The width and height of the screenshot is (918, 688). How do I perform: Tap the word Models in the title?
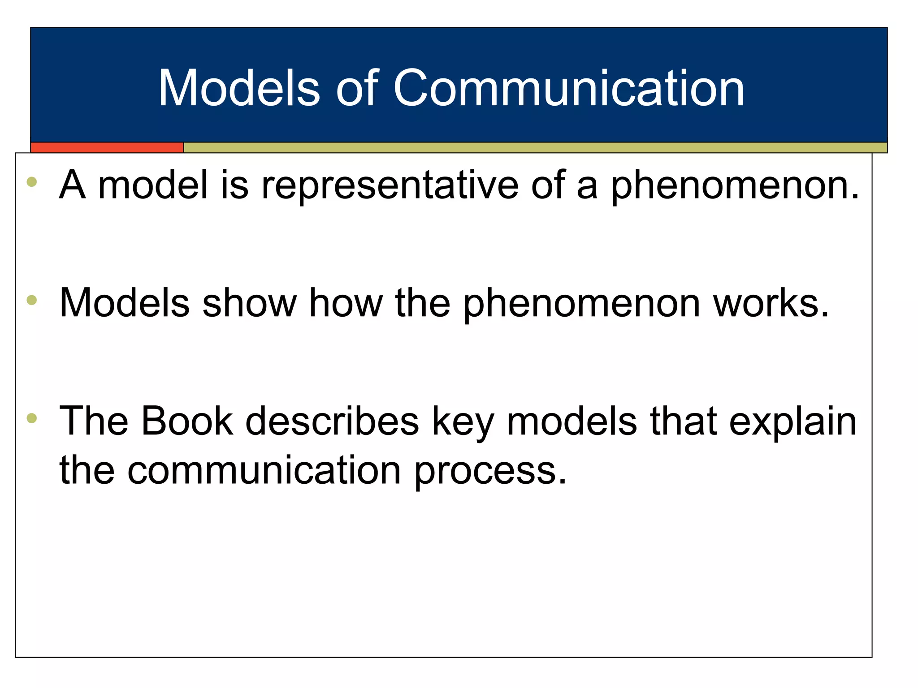[239, 88]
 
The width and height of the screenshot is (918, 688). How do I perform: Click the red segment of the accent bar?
[107, 147]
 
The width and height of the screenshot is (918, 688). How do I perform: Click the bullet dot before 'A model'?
[31, 182]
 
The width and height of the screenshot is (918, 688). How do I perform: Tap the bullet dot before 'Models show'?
[31, 300]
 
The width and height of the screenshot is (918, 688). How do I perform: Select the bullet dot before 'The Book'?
[31, 418]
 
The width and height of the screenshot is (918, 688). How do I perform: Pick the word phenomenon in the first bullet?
[735, 186]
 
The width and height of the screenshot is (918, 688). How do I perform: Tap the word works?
[771, 304]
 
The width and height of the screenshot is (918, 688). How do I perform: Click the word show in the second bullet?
[250, 304]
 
